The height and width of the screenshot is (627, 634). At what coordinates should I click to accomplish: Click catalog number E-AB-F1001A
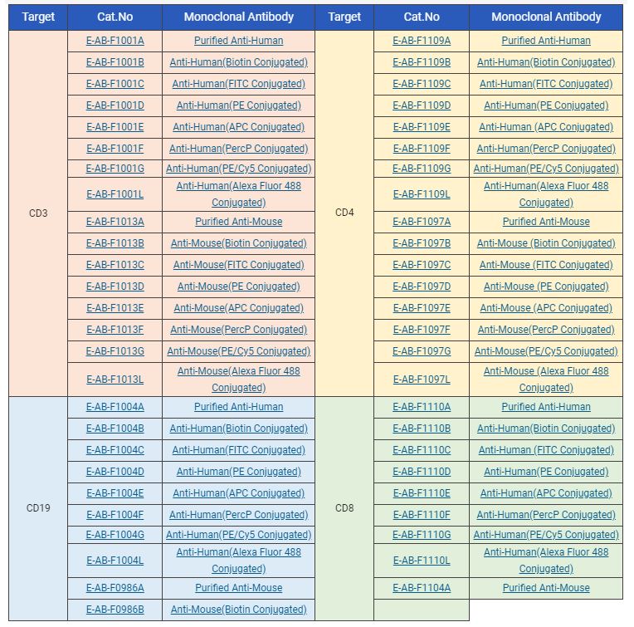click(x=115, y=41)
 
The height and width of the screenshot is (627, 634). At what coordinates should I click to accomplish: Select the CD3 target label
click(x=38, y=213)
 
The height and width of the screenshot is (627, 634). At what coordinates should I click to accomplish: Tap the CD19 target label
click(x=38, y=508)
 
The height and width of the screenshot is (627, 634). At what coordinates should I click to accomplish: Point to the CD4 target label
click(x=344, y=213)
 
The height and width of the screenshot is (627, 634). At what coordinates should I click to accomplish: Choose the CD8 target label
click(x=344, y=508)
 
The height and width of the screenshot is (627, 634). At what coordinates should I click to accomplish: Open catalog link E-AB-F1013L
click(x=115, y=380)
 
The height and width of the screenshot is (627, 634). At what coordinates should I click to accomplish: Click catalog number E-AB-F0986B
click(x=115, y=610)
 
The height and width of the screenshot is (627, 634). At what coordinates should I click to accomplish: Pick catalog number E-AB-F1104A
click(x=422, y=588)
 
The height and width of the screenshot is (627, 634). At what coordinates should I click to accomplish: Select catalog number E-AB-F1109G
click(x=422, y=169)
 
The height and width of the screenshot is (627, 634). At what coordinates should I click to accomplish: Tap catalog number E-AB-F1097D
click(x=422, y=287)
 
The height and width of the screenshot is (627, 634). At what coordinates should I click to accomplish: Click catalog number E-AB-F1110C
click(x=422, y=450)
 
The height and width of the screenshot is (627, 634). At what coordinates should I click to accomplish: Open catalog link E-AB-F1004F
click(x=115, y=515)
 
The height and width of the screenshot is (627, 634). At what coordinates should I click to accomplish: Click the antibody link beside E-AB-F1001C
click(x=238, y=84)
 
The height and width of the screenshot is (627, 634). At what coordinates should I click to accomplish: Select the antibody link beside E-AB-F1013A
click(x=238, y=222)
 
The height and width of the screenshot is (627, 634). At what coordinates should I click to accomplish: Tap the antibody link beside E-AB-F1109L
click(x=546, y=194)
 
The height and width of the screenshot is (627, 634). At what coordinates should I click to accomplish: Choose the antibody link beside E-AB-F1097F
click(x=546, y=330)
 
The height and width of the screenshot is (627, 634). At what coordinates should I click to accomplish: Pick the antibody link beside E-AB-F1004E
click(x=238, y=493)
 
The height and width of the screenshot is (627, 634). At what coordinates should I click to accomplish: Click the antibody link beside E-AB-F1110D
click(x=546, y=472)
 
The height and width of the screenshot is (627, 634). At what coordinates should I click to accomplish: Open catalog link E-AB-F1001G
click(x=115, y=169)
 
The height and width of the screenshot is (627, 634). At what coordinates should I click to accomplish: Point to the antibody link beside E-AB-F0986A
click(x=238, y=588)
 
